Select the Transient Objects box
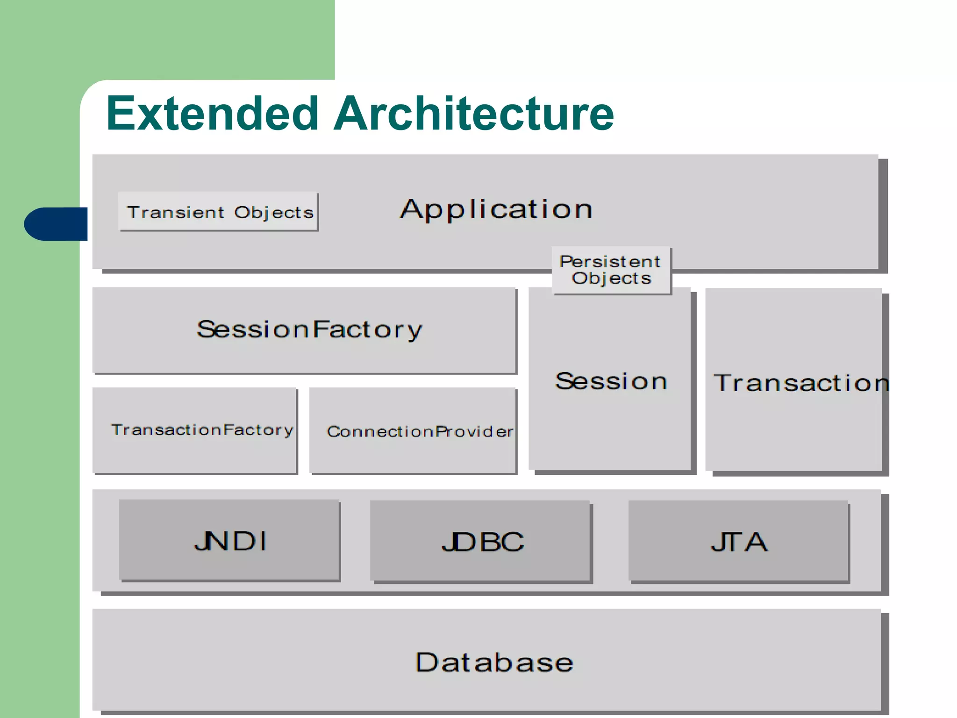point(218,212)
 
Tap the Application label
point(496,209)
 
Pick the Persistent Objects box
point(611,270)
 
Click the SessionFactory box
point(305,330)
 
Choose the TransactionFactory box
point(195,430)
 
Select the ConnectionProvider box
point(413,431)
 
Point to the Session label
point(611,381)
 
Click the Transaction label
point(800,383)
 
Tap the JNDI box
point(229,541)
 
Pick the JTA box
point(739,542)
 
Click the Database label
point(494,662)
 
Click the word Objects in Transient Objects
point(274,213)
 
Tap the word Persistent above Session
point(610,261)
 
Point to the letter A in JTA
point(755,542)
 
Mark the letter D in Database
point(426,662)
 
